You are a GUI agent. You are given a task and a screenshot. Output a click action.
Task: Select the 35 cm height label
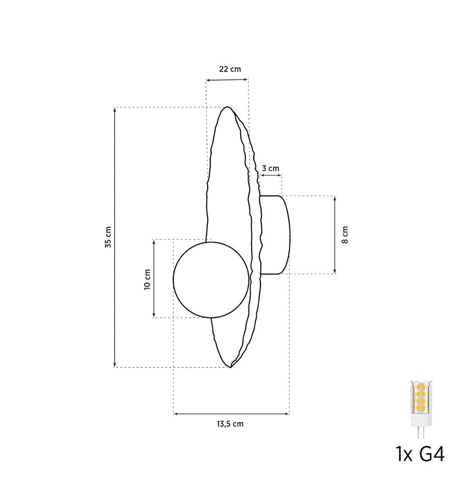coord(108,237)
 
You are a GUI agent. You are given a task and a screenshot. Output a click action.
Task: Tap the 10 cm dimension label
coord(147,279)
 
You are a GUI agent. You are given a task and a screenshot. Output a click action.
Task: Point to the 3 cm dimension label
coord(270,168)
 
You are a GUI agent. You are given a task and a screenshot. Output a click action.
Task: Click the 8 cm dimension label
coord(345,235)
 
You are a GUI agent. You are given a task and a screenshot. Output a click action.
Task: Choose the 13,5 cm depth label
coord(230,424)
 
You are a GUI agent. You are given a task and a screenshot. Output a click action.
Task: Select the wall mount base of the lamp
coord(275,235)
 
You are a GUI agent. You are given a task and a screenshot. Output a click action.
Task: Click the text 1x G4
coord(420,455)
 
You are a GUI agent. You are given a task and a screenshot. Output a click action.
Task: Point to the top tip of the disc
coord(226,107)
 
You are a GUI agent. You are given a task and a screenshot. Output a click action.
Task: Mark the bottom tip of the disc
coord(230,367)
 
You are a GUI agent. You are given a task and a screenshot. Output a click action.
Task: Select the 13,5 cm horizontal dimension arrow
coord(231,414)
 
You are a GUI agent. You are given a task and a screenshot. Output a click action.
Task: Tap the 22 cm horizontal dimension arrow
coord(227,79)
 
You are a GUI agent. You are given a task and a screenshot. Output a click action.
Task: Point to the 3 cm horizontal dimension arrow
coord(270,176)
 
